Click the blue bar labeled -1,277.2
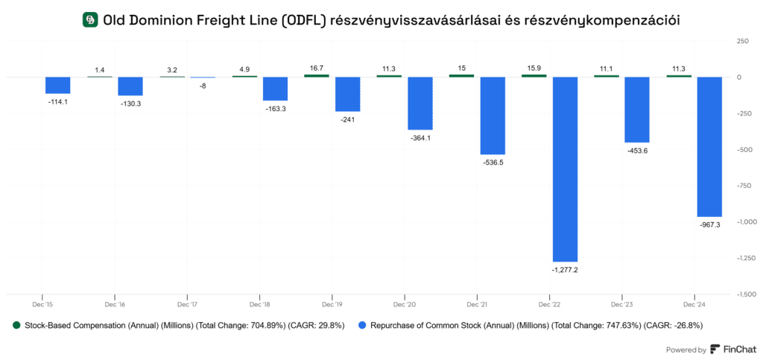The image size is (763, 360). pyautogui.click(x=565, y=168)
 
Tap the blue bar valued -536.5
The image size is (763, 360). pyautogui.click(x=493, y=116)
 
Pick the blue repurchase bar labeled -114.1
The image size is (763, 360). pyautogui.click(x=57, y=85)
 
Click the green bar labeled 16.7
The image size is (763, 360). pyautogui.click(x=316, y=75)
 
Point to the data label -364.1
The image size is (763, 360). pyautogui.click(x=420, y=137)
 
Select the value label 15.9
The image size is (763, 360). pyautogui.click(x=534, y=69)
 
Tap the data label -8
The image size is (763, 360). pyautogui.click(x=203, y=86)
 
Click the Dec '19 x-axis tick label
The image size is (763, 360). pyautogui.click(x=332, y=305)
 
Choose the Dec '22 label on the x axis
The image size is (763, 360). pyautogui.click(x=549, y=305)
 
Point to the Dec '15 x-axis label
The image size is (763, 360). pyautogui.click(x=42, y=305)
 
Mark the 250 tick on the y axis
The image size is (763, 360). pyautogui.click(x=742, y=41)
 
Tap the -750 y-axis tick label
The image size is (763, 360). pyautogui.click(x=742, y=186)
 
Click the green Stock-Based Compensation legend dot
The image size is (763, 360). pyautogui.click(x=16, y=326)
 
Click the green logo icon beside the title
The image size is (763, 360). pyautogui.click(x=90, y=20)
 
